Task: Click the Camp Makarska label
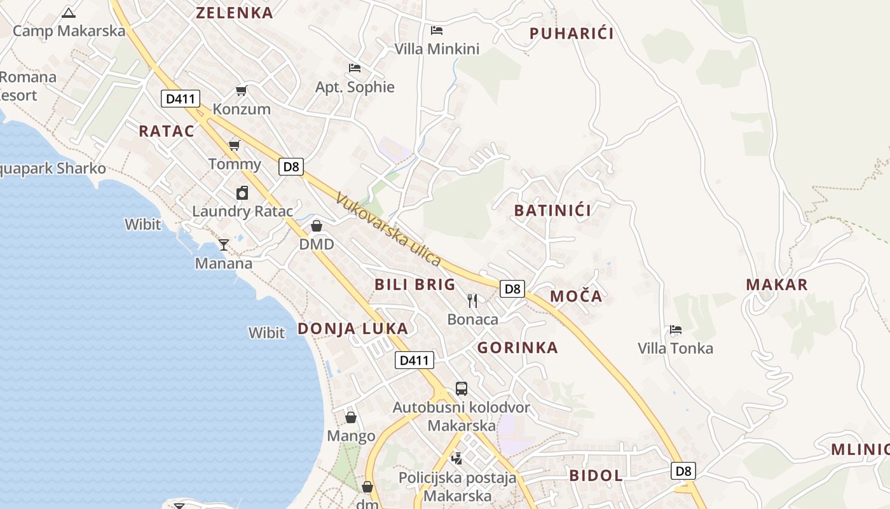pyautogui.click(x=69, y=31)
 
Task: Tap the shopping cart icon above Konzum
pyautogui.click(x=241, y=91)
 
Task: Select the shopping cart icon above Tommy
pyautogui.click(x=235, y=146)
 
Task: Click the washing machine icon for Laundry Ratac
pyautogui.click(x=242, y=193)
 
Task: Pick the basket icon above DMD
pyautogui.click(x=317, y=226)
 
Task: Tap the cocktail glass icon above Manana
pyautogui.click(x=224, y=244)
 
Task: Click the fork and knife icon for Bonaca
pyautogui.click(x=472, y=300)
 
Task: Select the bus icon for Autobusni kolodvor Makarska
pyautogui.click(x=462, y=388)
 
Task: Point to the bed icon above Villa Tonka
pyautogui.click(x=676, y=330)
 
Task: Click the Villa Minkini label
pyautogui.click(x=437, y=49)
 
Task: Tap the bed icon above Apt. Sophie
pyautogui.click(x=355, y=68)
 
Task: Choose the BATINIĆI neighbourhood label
pyautogui.click(x=552, y=211)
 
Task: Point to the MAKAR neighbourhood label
pyautogui.click(x=777, y=284)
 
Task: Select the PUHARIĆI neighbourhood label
pyautogui.click(x=572, y=34)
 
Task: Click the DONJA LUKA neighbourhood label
pyautogui.click(x=353, y=328)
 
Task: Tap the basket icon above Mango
pyautogui.click(x=351, y=417)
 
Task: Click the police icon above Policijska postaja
pyautogui.click(x=456, y=457)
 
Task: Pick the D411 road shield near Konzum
pyautogui.click(x=181, y=99)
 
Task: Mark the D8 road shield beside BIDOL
pyautogui.click(x=683, y=471)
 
